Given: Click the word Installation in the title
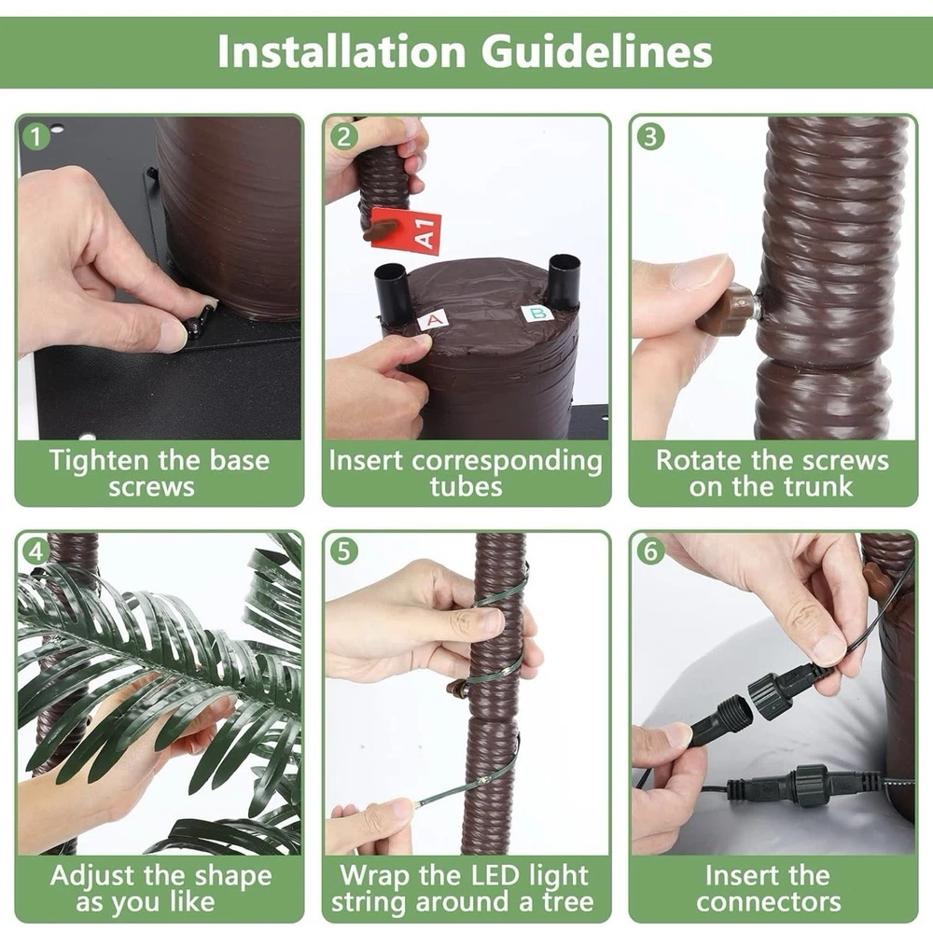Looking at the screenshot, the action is (341, 51).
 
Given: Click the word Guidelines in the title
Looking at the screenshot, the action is (597, 51).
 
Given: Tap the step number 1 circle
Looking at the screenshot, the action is (35, 136).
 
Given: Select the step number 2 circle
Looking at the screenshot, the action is (343, 136).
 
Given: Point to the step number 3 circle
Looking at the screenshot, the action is (650, 136).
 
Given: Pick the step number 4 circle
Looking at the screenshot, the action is (35, 551).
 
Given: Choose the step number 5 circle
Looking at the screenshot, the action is (343, 551).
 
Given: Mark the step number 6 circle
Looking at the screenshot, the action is (650, 551).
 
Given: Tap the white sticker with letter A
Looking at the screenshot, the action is (434, 320).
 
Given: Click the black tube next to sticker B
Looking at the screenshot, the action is (564, 281).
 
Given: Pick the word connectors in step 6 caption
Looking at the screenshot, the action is (769, 902).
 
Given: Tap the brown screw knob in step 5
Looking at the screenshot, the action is (456, 689).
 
